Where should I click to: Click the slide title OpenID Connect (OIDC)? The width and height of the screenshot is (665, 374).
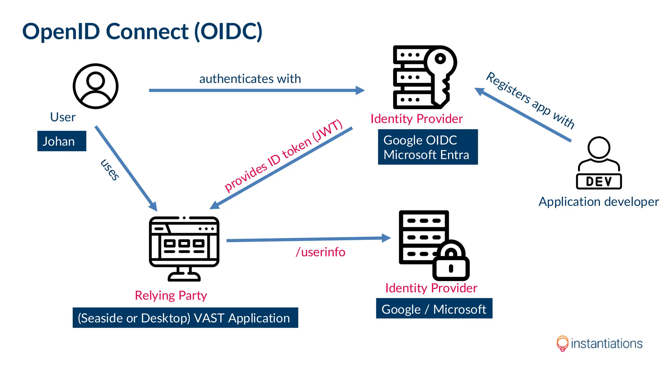tap(142, 31)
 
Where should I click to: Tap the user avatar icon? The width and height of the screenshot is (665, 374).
tap(95, 86)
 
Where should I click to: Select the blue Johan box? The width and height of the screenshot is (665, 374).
tap(62, 141)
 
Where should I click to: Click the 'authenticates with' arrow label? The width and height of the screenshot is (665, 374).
tap(250, 79)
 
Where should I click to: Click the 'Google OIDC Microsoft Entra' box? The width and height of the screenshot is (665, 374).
tap(428, 147)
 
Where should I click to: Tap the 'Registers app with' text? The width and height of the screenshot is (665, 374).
tap(530, 100)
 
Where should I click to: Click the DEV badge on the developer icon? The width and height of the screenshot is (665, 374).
tap(599, 181)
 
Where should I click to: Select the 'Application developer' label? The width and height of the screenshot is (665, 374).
tap(598, 202)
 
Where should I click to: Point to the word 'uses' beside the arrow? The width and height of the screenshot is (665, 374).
tap(110, 169)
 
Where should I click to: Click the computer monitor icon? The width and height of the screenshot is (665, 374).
tap(184, 248)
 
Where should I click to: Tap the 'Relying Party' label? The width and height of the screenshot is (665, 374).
tap(171, 295)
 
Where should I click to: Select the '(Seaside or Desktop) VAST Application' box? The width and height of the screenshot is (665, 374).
tap(185, 318)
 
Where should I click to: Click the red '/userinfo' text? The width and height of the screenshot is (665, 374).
tap(320, 252)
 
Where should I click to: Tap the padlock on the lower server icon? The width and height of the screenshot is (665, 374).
tap(451, 263)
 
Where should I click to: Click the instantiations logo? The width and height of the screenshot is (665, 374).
tap(599, 343)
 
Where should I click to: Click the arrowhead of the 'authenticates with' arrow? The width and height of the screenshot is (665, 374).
tap(360, 90)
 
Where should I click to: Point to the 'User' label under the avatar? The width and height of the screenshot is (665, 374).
tap(63, 117)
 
